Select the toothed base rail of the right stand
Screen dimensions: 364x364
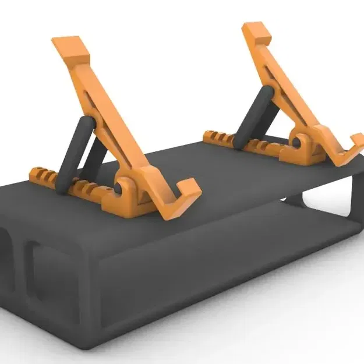tap(224, 139)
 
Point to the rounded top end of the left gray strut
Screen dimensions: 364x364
tap(86, 123)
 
